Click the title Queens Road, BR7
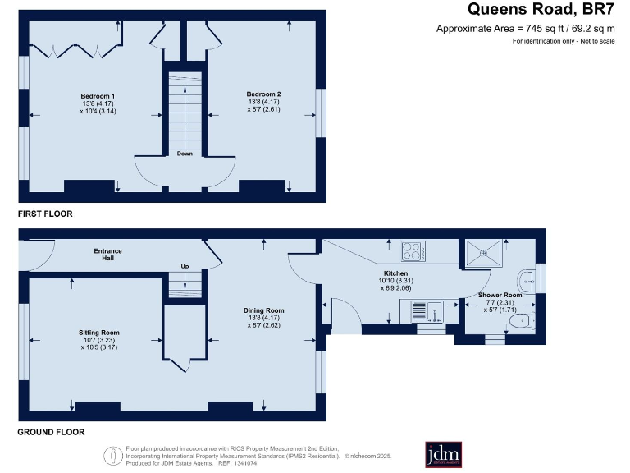pyautogui.click(x=541, y=10)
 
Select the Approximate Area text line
pyautogui.click(x=526, y=29)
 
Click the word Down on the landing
pyautogui.click(x=185, y=153)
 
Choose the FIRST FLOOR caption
pyautogui.click(x=46, y=214)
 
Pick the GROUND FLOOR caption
pyautogui.click(x=52, y=431)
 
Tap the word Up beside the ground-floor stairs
pyautogui.click(x=185, y=266)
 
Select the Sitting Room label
pyautogui.click(x=99, y=333)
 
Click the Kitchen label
pyautogui.click(x=396, y=273)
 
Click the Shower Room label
pyautogui.click(x=500, y=295)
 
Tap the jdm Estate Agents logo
pyautogui.click(x=443, y=454)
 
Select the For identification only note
pyautogui.click(x=564, y=41)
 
